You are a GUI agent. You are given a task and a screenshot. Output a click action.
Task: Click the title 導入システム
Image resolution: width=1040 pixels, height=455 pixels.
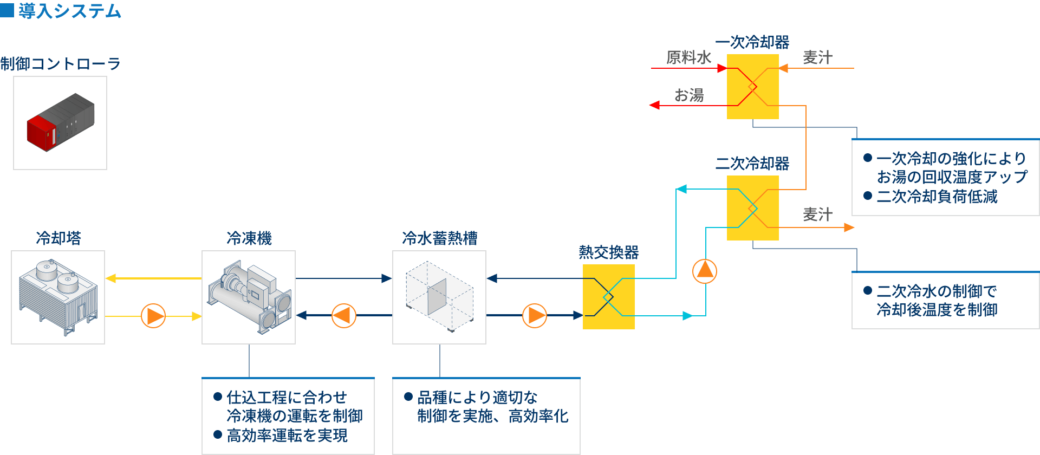(69, 11)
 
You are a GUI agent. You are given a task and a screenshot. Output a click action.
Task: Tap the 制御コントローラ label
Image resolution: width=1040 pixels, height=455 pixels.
(60, 64)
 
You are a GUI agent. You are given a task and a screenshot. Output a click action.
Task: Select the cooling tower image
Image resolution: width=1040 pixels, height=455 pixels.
(58, 297)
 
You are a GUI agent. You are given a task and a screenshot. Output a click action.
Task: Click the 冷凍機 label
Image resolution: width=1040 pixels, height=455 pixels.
(249, 238)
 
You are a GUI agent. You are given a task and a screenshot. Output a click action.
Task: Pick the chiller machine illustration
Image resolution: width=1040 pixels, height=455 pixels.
(249, 297)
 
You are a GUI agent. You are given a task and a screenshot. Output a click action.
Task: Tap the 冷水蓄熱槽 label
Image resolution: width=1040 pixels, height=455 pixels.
(440, 238)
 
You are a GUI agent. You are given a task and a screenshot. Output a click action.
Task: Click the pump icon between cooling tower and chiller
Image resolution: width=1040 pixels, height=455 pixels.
(153, 316)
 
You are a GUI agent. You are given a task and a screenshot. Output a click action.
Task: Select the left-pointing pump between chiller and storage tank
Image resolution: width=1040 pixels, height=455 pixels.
(344, 316)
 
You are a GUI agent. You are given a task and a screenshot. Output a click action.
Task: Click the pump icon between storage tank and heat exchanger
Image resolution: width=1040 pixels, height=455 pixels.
(535, 316)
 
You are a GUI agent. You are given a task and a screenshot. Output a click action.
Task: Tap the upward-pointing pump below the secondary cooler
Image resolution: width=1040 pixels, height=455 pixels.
(705, 271)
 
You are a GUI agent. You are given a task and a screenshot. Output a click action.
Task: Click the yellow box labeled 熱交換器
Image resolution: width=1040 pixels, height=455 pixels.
(609, 297)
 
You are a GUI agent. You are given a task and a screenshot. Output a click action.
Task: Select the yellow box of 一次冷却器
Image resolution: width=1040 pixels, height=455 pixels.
(753, 87)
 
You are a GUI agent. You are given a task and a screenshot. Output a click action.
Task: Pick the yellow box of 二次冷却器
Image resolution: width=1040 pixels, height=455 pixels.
(753, 208)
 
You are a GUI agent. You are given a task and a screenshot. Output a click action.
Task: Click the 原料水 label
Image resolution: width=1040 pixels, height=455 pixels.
(688, 57)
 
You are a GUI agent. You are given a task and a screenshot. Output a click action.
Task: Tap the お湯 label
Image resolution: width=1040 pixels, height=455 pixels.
(689, 95)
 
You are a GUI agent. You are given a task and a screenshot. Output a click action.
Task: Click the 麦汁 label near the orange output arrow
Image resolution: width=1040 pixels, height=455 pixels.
(817, 214)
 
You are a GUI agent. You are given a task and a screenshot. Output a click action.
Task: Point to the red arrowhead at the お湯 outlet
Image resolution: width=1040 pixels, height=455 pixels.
(655, 105)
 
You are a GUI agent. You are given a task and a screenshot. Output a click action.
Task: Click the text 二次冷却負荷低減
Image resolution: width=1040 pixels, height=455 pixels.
(937, 196)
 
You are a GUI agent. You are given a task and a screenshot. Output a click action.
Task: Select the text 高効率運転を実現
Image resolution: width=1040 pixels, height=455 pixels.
(287, 435)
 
